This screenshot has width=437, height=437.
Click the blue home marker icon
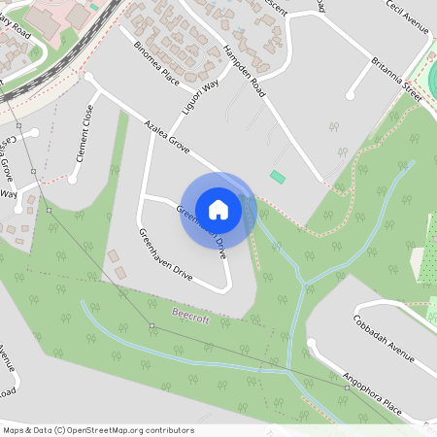pos(218,210)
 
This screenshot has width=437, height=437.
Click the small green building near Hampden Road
pos(279,177)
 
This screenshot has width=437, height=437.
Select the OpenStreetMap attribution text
pos(97,430)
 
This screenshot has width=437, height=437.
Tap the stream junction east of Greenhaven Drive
pos(303,282)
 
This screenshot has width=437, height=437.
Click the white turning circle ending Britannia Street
pos(352,96)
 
